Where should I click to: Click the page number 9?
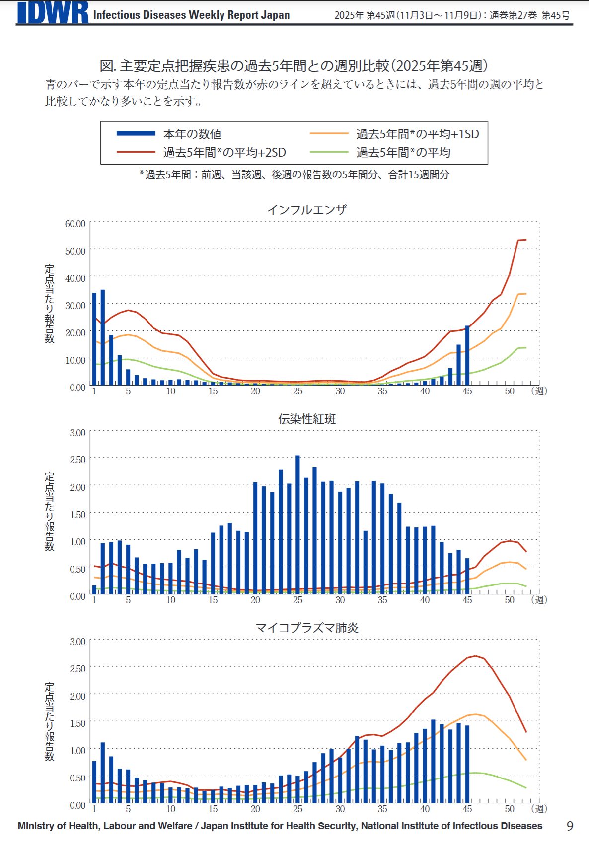[570, 826]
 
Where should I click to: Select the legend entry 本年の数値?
[192, 134]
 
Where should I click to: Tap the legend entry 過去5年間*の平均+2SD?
[224, 153]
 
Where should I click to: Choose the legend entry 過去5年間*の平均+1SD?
[417, 134]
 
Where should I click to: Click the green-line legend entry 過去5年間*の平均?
[403, 153]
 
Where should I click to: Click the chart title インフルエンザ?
[306, 210]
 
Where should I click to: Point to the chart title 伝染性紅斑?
[306, 419]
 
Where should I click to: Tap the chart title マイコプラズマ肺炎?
[306, 628]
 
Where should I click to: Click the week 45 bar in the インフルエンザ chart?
[467, 355]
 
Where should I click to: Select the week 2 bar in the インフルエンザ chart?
[103, 337]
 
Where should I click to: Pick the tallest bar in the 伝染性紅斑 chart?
[297, 524]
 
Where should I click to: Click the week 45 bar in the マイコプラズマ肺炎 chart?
[467, 764]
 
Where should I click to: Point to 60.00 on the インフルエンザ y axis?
[75, 224]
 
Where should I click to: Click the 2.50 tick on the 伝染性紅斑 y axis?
[77, 460]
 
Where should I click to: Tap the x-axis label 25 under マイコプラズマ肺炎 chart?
[297, 809]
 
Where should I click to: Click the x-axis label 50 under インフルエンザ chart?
[510, 391]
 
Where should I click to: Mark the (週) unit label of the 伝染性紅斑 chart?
[539, 600]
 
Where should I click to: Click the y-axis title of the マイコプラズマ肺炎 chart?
[50, 721]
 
